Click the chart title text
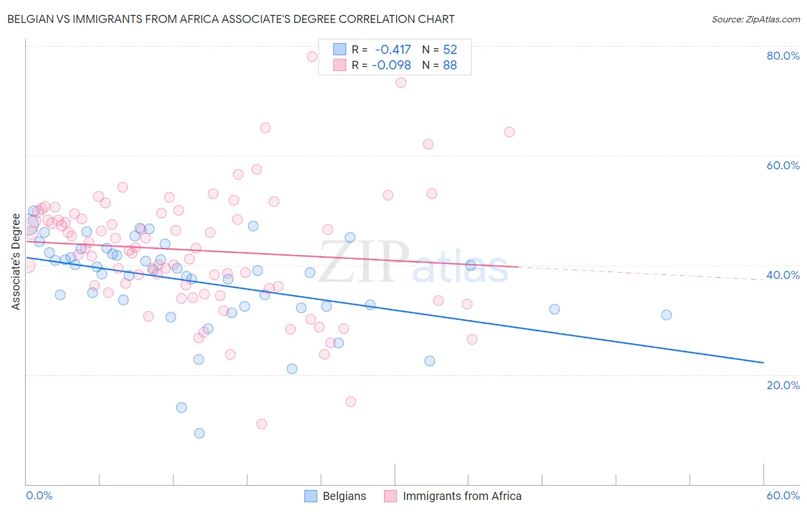click(x=231, y=20)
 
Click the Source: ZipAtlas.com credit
click(x=755, y=20)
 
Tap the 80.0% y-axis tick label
click(x=783, y=56)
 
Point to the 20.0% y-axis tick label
click(x=783, y=385)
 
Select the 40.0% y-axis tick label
click(x=783, y=275)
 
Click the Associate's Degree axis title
click(x=16, y=262)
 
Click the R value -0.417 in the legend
click(x=393, y=50)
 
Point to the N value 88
click(x=450, y=65)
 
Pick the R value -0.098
click(x=391, y=65)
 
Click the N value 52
click(x=450, y=50)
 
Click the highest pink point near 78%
click(x=312, y=56)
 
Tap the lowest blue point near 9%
click(x=199, y=433)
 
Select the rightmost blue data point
click(x=666, y=315)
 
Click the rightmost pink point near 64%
click(x=509, y=132)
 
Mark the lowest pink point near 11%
click(x=262, y=424)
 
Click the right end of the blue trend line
click(x=763, y=363)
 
